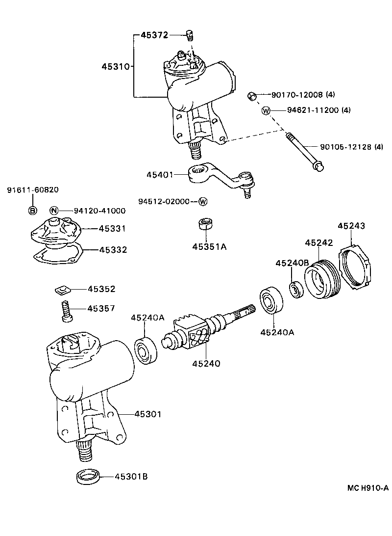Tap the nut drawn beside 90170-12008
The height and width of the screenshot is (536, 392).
click(251, 95)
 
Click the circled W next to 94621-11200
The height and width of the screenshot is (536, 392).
click(266, 110)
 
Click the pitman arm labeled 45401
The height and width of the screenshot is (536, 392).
click(216, 177)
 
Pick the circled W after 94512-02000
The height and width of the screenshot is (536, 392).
click(203, 202)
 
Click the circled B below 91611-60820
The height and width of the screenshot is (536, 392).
click(33, 211)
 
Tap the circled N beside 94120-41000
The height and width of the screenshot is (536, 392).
click(54, 211)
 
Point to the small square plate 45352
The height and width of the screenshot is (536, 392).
click(62, 290)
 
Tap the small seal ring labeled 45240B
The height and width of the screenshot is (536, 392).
click(295, 289)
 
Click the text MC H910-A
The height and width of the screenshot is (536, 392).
click(368, 487)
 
